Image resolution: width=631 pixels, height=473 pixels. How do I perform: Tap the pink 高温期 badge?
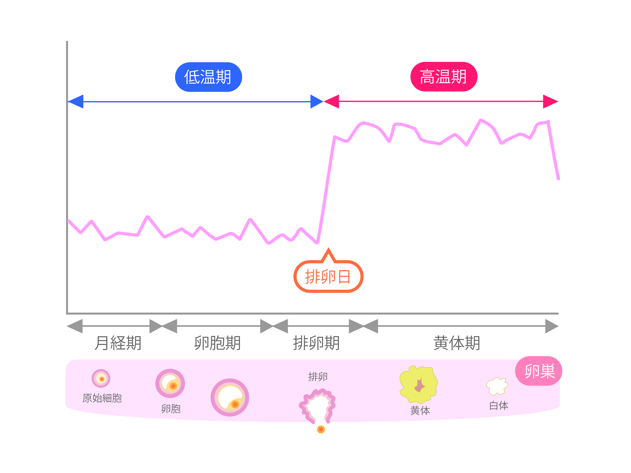click(x=444, y=77)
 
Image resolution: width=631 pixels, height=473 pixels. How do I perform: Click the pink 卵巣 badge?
click(x=539, y=371)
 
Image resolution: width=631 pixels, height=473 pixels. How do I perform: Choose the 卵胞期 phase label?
click(x=217, y=343)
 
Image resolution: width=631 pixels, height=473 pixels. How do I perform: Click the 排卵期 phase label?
click(x=316, y=343)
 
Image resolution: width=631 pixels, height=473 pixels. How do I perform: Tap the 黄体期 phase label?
click(x=457, y=343)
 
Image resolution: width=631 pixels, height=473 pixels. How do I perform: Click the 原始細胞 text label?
click(x=102, y=398)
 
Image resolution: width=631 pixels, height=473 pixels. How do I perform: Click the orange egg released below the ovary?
click(x=321, y=429)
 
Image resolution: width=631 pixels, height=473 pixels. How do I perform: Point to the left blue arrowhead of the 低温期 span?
click(x=76, y=101)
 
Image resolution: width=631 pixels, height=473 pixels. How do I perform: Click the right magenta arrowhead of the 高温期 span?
click(x=551, y=101)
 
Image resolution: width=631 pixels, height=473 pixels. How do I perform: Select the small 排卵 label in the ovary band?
click(x=318, y=377)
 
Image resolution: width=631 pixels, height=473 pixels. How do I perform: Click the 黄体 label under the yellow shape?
click(x=420, y=411)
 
